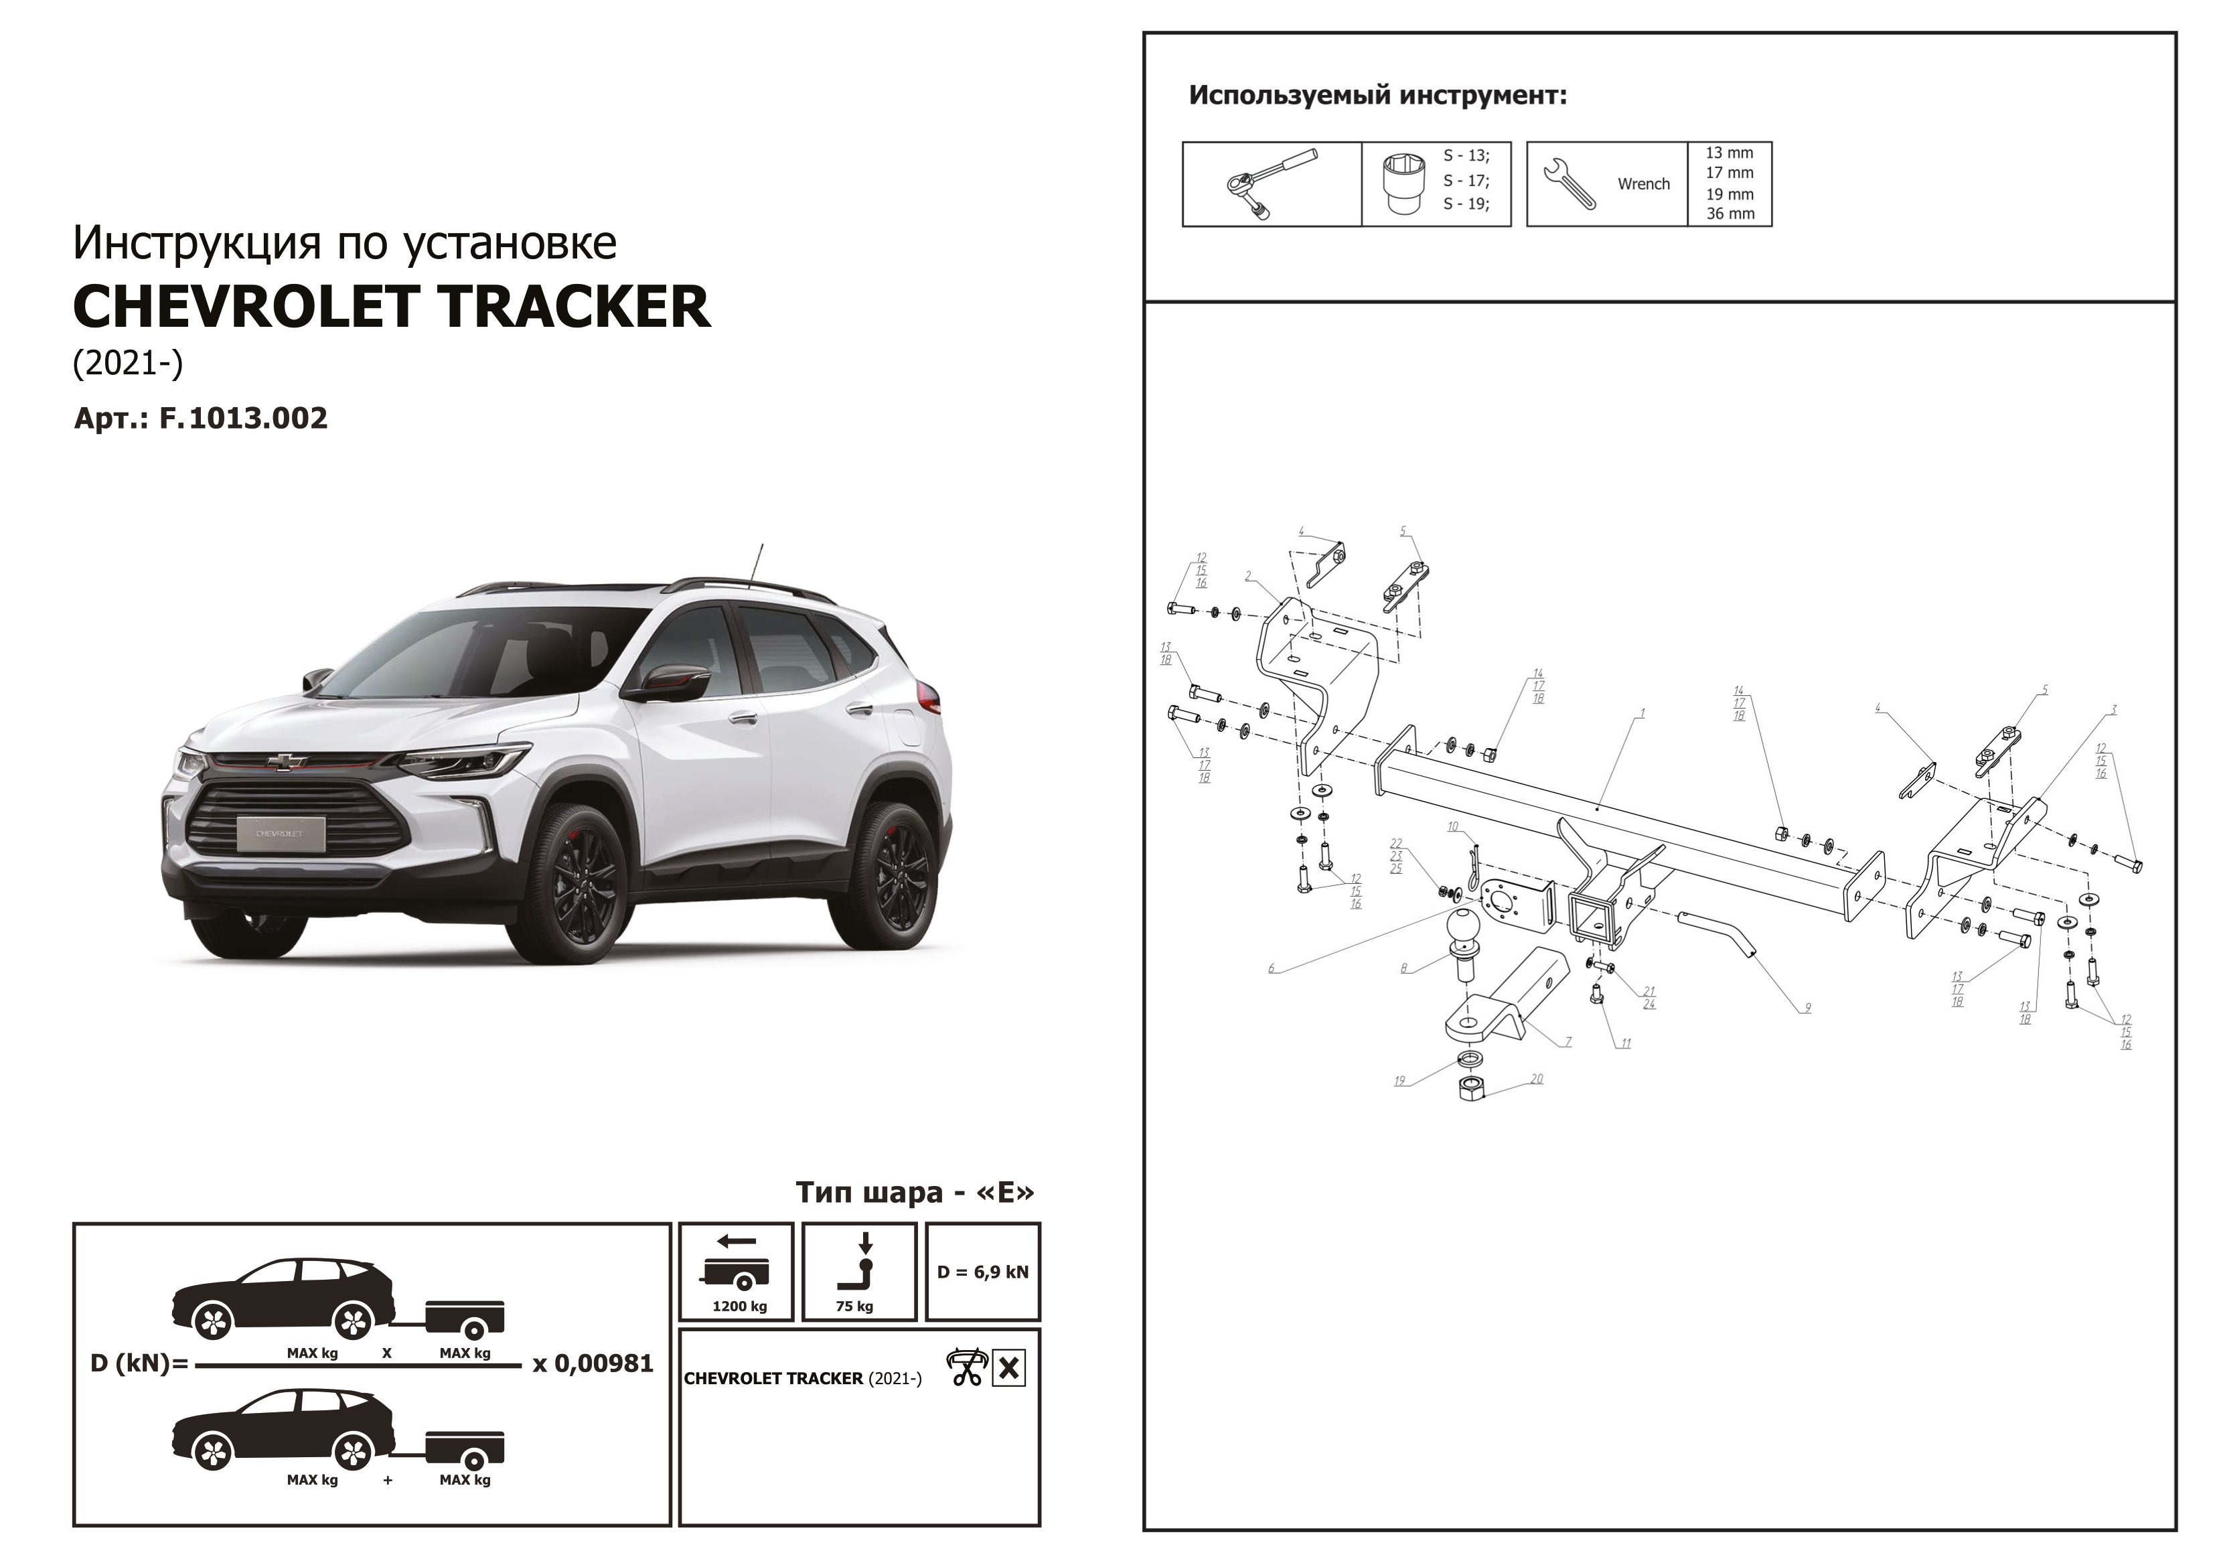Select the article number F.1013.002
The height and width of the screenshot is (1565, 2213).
pyautogui.click(x=243, y=419)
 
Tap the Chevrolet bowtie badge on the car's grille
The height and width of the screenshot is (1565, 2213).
pyautogui.click(x=287, y=761)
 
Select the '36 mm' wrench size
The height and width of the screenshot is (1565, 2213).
pyautogui.click(x=1730, y=214)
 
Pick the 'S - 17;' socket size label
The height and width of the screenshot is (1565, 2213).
pyautogui.click(x=1465, y=180)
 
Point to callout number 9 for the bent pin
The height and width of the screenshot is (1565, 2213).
pyautogui.click(x=1807, y=1008)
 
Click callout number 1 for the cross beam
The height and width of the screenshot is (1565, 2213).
pyautogui.click(x=1643, y=714)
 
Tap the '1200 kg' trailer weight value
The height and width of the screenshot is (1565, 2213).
pyautogui.click(x=739, y=1307)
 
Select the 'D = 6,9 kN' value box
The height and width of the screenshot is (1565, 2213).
pyautogui.click(x=982, y=1272)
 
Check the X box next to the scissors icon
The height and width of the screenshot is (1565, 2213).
pyautogui.click(x=1008, y=1367)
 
